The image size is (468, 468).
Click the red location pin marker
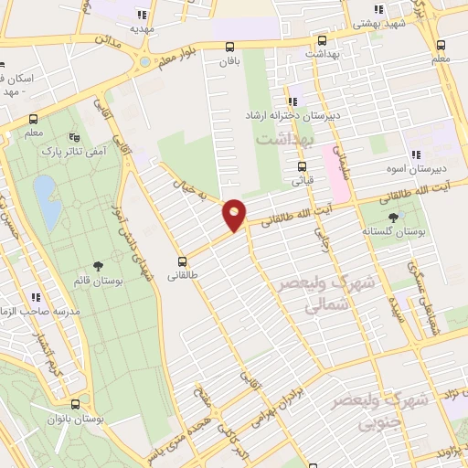pos(235,215)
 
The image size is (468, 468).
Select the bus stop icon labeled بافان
pos(229,48)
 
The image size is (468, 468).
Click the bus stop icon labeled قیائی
pos(302,166)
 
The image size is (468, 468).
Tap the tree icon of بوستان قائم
pos(98,266)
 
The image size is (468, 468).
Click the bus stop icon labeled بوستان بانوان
pos(76,403)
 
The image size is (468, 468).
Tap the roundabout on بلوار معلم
pos(144,62)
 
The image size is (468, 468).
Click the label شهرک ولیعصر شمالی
pos(316,298)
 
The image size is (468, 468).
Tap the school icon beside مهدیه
pos(142,15)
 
